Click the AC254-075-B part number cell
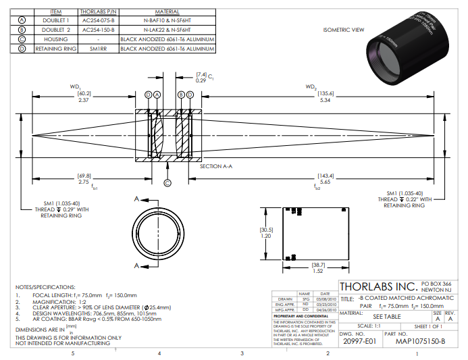coord(99,21)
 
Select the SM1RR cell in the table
coord(99,49)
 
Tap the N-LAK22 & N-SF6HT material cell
coord(167,30)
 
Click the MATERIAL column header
coord(167,12)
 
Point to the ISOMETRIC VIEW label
coord(344,30)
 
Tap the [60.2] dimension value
coord(84,93)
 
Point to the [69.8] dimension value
coord(84,174)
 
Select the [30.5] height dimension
coord(266,229)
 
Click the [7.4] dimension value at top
coord(201,74)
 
